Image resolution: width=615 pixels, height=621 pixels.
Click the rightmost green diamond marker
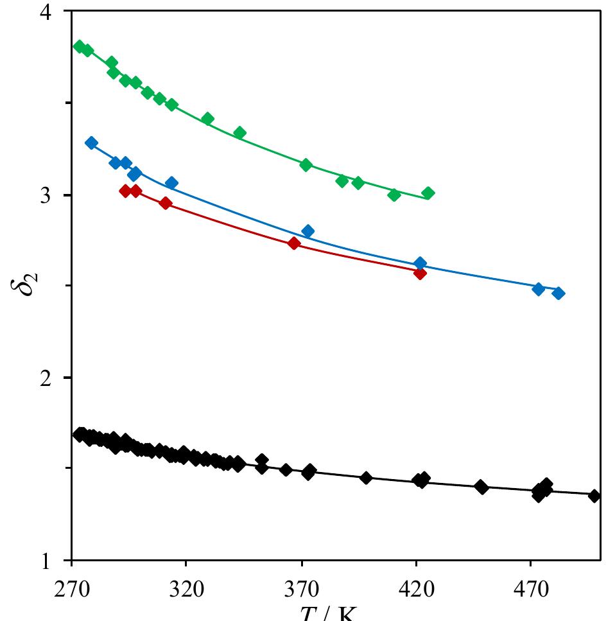click(x=428, y=193)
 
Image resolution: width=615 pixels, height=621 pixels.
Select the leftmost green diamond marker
click(x=80, y=46)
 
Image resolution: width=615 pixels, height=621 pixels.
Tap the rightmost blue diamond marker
click(x=559, y=293)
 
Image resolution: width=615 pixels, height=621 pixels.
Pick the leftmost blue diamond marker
click(x=91, y=143)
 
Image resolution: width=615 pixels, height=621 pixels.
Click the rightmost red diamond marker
click(x=420, y=273)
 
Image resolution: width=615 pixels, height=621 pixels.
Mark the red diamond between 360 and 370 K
click(x=294, y=243)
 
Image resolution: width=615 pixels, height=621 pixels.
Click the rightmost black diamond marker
click(x=594, y=496)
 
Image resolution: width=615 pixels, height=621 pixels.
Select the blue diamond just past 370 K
click(x=308, y=231)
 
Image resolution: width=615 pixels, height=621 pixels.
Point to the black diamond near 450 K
click(x=481, y=487)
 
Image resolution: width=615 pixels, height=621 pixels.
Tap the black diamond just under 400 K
click(x=366, y=478)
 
